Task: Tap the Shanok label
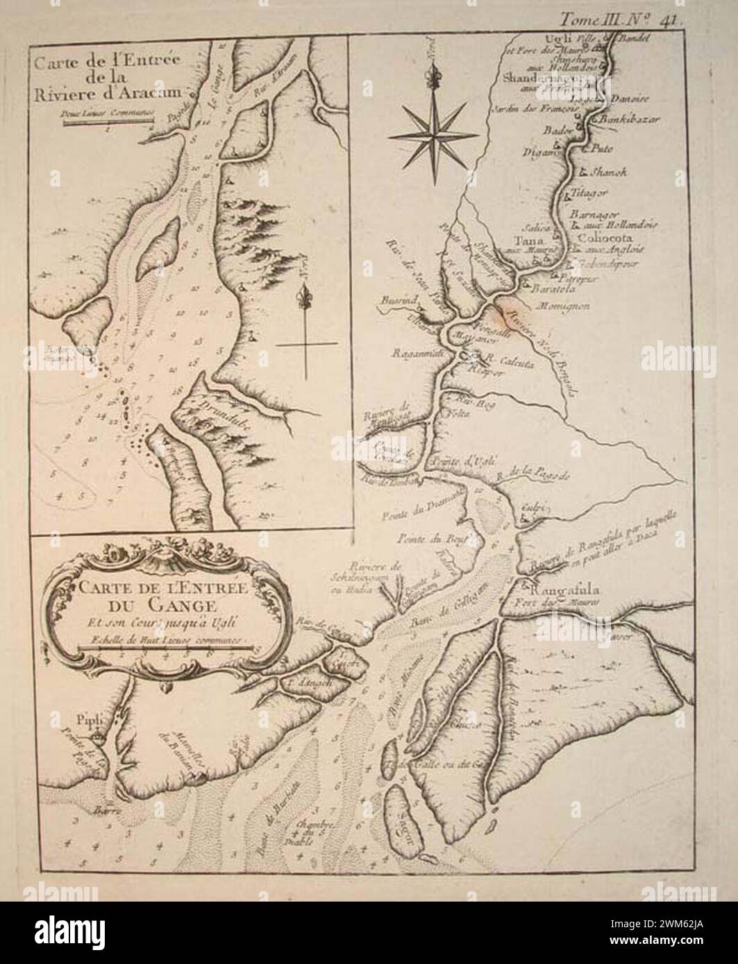(x=608, y=173)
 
